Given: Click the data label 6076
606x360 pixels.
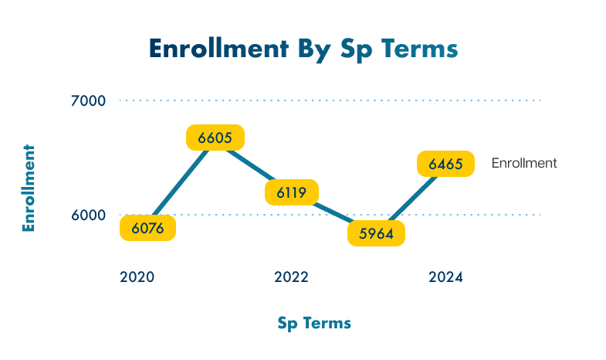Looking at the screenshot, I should pos(147,228).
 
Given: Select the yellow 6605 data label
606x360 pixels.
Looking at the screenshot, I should pos(215,138).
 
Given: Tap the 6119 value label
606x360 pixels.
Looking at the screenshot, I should pos(292,192).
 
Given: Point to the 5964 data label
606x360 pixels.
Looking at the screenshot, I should pos(376,233).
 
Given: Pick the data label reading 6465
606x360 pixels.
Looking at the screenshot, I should pos(445,164).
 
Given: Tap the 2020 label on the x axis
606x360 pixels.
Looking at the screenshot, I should pos(137,277).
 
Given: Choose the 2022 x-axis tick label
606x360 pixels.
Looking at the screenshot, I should pos(291,277).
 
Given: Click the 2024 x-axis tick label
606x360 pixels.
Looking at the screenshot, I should pos(445,277).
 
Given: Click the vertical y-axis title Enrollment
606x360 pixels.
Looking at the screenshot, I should pos(29,188).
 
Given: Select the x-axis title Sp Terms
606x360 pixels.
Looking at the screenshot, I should pos(314,323).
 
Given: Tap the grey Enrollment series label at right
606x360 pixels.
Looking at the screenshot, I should pos(524,163).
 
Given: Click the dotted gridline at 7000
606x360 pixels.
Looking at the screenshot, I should pos(347,100).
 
